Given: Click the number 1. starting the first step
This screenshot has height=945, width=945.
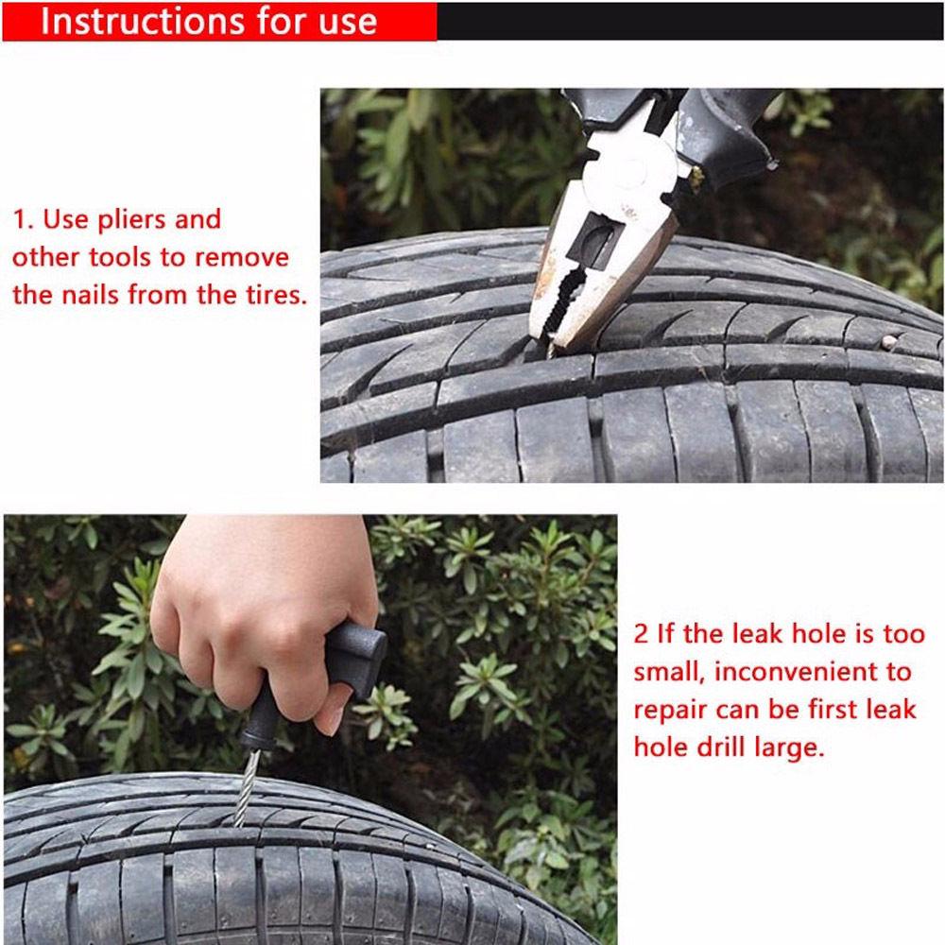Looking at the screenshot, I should pos(23,220).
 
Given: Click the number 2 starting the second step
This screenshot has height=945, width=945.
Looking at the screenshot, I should pos(641,634).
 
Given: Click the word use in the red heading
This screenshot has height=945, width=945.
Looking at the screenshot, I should pos(346,21).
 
